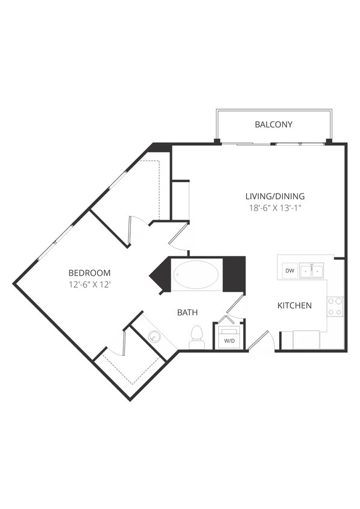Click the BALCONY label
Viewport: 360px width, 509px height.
pyautogui.click(x=273, y=125)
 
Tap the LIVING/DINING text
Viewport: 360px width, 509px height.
pyautogui.click(x=274, y=196)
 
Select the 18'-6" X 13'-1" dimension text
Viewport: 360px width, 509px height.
pyautogui.click(x=274, y=209)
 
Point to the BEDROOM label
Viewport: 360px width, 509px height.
pyautogui.click(x=89, y=273)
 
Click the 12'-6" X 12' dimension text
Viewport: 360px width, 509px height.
pyautogui.click(x=89, y=285)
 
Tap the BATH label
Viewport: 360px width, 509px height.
pyautogui.click(x=188, y=312)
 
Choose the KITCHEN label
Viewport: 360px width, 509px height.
pyautogui.click(x=294, y=306)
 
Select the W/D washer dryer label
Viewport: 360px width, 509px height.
pyautogui.click(x=229, y=341)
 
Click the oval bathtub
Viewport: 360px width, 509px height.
pyautogui.click(x=197, y=275)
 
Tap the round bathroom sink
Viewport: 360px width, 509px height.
pyautogui.click(x=154, y=337)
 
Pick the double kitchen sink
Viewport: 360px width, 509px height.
pyautogui.click(x=312, y=271)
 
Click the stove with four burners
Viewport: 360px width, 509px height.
pyautogui.click(x=335, y=306)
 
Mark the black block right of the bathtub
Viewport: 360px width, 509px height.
pyautogui.click(x=234, y=274)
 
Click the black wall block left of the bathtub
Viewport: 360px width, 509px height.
pyautogui.click(x=161, y=275)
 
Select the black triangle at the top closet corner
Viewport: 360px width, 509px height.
pyautogui.click(x=160, y=147)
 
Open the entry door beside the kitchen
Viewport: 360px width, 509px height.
pyautogui.click(x=260, y=341)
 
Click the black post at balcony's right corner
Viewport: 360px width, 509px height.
pyautogui.click(x=329, y=142)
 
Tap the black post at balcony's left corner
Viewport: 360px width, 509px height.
pyautogui.click(x=216, y=142)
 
